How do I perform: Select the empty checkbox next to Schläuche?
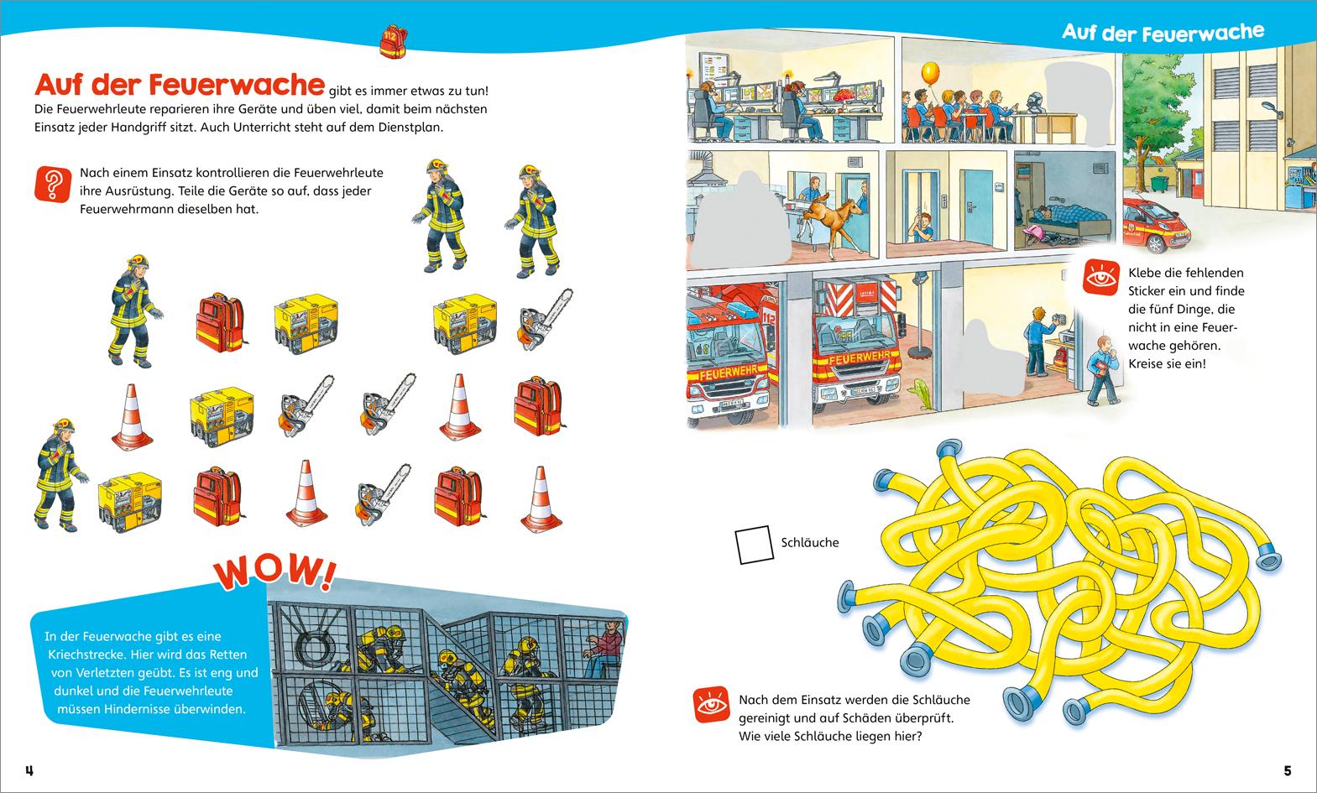point(753,544)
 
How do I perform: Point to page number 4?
point(29,770)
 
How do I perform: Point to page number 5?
point(1287,770)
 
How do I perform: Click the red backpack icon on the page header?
point(392,40)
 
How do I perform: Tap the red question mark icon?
point(52,184)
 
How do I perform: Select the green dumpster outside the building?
point(1158,182)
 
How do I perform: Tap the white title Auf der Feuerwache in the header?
point(1162,33)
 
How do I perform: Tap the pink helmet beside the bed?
point(1032,232)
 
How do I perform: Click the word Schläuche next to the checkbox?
point(809,543)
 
